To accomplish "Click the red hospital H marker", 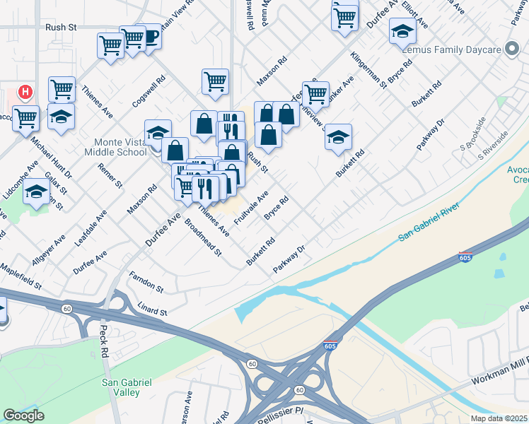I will click(x=25, y=92).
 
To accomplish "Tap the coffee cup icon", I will click(x=150, y=35).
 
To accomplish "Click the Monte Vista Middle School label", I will click(x=114, y=147).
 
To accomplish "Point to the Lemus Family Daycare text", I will click(x=450, y=50).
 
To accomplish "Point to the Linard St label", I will click(x=152, y=312).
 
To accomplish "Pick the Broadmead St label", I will click(x=203, y=241).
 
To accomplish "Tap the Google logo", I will click(x=23, y=416).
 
